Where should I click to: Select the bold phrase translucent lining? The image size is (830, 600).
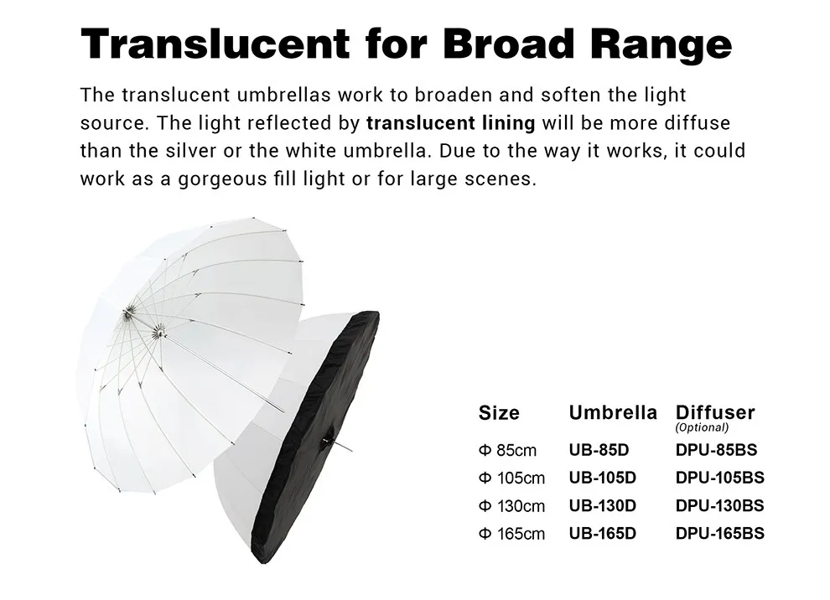pos(450,123)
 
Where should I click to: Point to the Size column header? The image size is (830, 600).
pos(499,413)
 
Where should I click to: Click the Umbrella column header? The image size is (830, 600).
pos(613,412)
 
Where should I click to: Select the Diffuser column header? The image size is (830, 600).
pos(715,412)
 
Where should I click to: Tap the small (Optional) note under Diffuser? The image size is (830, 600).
pos(702,427)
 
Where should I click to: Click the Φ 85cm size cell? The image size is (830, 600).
pos(507,451)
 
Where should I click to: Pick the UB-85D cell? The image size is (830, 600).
pos(599,450)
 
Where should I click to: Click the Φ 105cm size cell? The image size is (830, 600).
pos(511,478)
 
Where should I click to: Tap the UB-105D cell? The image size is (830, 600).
pos(602,478)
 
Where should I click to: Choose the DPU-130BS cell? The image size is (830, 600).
pos(719,505)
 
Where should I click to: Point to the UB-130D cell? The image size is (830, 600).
pos(602,505)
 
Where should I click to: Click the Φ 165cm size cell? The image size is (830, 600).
pos(511,534)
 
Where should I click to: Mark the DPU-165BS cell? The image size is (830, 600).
pos(719,533)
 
